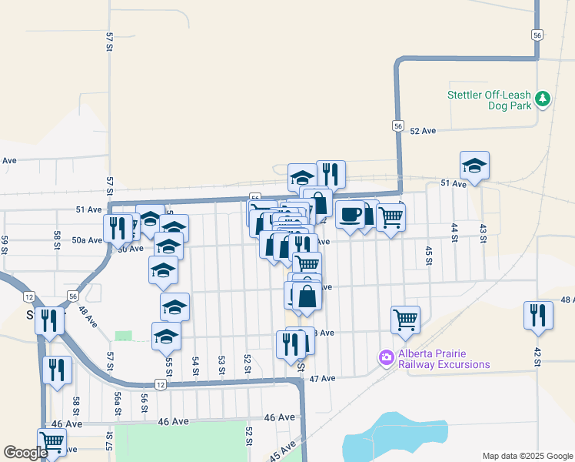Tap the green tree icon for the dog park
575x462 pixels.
point(543,98)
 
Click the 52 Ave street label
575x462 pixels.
point(423,131)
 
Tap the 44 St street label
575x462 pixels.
point(454,233)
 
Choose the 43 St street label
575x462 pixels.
point(483,233)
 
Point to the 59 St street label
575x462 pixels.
point(5,244)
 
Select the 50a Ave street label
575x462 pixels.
point(87,240)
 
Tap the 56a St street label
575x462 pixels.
point(118,403)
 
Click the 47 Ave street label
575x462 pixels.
point(323,379)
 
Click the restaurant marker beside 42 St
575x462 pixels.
point(538,315)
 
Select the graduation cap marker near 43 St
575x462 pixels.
point(474,165)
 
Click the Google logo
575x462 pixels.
point(25,453)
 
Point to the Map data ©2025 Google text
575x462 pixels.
point(527,456)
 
